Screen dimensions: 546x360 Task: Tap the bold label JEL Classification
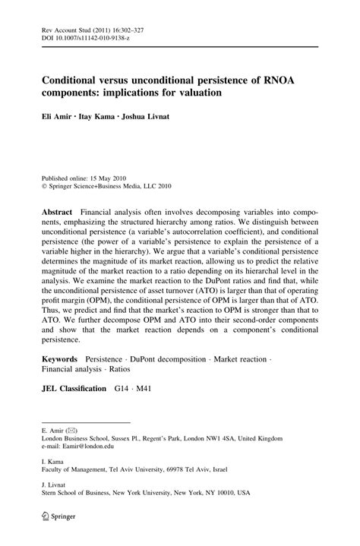click(74, 388)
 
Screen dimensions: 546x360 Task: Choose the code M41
click(150, 388)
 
